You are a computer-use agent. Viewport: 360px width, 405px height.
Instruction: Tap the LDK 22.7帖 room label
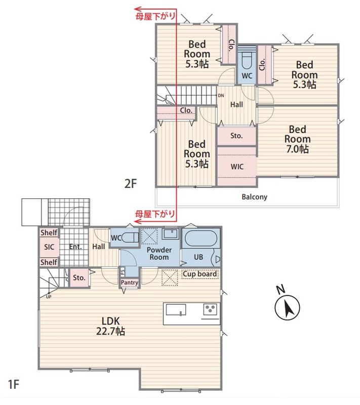click(x=110, y=326)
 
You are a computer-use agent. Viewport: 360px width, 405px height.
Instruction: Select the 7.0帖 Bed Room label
click(x=297, y=139)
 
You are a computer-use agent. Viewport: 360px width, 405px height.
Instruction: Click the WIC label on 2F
click(x=237, y=167)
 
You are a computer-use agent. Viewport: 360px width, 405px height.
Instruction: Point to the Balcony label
click(x=254, y=197)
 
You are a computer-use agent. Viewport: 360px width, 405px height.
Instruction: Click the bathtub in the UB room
click(x=201, y=238)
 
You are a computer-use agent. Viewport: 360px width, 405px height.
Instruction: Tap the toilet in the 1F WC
click(x=130, y=237)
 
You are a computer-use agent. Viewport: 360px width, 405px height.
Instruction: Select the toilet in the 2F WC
click(x=247, y=61)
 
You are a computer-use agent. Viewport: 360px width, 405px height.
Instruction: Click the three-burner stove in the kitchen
click(x=210, y=309)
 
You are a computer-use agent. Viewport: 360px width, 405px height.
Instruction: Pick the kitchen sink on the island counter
click(x=176, y=310)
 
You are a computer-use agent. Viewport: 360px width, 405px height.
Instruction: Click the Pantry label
click(x=130, y=282)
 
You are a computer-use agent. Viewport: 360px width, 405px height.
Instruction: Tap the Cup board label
click(x=199, y=274)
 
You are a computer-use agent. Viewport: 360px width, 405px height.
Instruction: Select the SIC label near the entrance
click(x=49, y=247)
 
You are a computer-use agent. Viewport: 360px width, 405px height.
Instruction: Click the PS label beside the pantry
click(x=123, y=271)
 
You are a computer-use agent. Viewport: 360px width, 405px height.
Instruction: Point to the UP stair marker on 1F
click(x=49, y=297)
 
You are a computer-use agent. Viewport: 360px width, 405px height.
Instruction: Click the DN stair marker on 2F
click(x=221, y=96)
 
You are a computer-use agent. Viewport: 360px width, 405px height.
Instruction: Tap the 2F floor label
click(x=131, y=184)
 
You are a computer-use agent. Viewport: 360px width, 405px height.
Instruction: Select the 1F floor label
click(x=14, y=384)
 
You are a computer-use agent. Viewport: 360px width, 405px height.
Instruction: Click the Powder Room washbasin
click(x=171, y=233)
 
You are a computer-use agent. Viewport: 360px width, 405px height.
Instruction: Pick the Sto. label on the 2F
click(x=236, y=136)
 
